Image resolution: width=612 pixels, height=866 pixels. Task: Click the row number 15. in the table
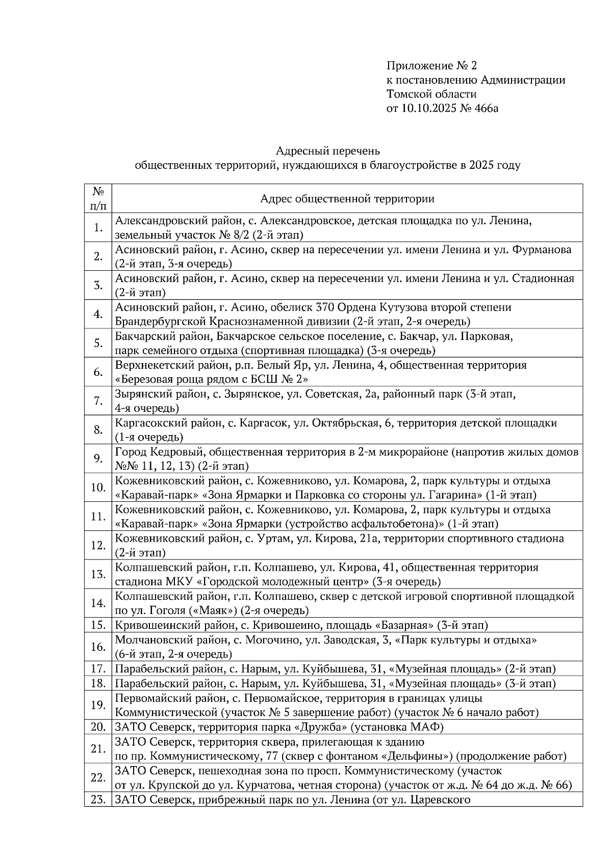point(98,625)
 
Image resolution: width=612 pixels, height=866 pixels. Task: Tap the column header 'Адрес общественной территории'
point(347,199)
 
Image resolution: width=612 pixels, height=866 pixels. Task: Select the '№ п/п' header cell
point(98,199)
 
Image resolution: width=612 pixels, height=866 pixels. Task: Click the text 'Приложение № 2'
point(431,66)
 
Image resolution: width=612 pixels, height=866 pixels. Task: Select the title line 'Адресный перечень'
point(328,151)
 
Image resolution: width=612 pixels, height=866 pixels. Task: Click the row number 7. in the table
point(98,401)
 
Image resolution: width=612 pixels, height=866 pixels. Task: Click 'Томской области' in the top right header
point(431,94)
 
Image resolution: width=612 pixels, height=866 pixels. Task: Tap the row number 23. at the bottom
point(98,800)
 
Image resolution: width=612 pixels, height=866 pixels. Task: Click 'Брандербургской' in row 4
point(160,322)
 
